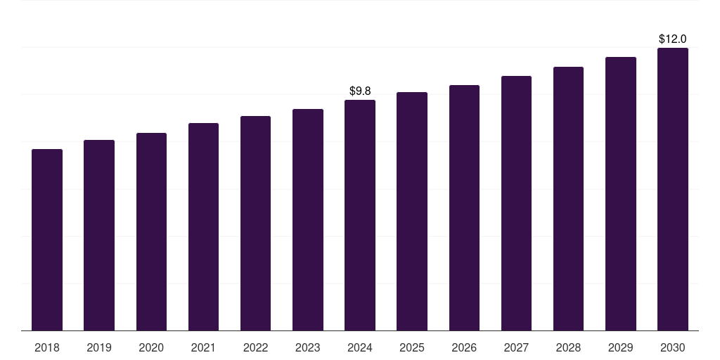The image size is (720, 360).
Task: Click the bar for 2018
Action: pos(47,240)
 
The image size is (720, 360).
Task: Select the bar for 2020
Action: pos(151,231)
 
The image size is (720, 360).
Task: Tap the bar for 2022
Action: pos(255,223)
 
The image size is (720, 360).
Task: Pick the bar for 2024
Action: pos(360,215)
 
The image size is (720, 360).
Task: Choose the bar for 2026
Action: pos(464,207)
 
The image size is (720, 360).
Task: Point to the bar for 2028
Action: pos(568,198)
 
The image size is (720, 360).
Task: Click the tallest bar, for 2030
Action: pos(672,189)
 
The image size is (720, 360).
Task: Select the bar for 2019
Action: pos(99,235)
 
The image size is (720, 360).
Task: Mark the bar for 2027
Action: pos(516,203)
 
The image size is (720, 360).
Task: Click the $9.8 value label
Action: pos(360,91)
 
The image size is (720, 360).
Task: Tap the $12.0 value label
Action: pos(672,39)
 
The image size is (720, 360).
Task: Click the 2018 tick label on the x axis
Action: pos(47,347)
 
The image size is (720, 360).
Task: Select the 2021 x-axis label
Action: pos(203,347)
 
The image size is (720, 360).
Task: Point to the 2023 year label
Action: pos(307,347)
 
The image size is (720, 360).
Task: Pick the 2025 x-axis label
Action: pos(412,347)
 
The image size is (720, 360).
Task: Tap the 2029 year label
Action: pos(620,347)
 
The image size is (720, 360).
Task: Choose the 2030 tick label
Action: pos(672,347)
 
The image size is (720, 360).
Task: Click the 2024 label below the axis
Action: pos(360,347)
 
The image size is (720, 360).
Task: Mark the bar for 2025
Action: pos(412,211)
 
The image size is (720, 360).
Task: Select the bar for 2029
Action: pos(620,193)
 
